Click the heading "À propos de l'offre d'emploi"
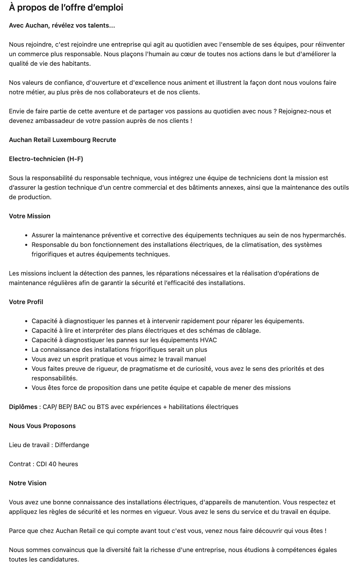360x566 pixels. point(66,7)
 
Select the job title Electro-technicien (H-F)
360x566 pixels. point(46,159)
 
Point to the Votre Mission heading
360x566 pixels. point(30,216)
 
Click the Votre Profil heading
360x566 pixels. point(26,302)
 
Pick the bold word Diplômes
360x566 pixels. point(23,407)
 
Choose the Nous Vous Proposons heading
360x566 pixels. point(42,426)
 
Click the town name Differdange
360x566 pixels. point(72,445)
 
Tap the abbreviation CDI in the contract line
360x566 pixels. point(42,464)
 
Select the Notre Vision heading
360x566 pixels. point(28,483)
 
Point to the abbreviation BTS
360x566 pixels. point(103,407)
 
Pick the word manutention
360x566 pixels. point(262,502)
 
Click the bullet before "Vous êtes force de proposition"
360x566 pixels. point(27,388)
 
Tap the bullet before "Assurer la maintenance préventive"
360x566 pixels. point(27,235)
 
